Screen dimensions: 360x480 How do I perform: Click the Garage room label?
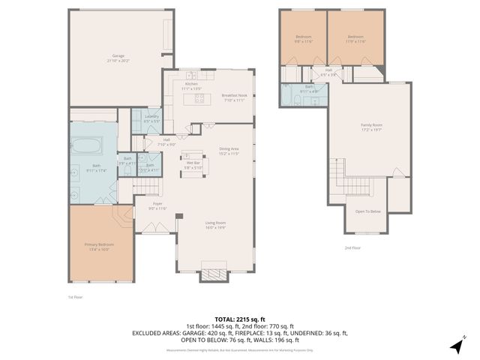(x=118, y=55)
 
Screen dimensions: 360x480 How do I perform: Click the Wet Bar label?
(x=193, y=164)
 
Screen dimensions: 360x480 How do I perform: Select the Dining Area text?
(x=229, y=151)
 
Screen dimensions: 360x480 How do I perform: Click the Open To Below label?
(x=368, y=211)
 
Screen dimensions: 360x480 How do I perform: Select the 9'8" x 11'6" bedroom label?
(x=303, y=38)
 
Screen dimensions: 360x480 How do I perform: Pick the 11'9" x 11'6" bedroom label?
(x=355, y=38)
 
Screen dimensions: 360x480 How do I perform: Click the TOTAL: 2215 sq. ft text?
(x=239, y=319)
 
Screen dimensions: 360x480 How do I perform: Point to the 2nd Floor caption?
(x=352, y=247)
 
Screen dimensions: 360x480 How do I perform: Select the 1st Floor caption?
(x=75, y=296)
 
